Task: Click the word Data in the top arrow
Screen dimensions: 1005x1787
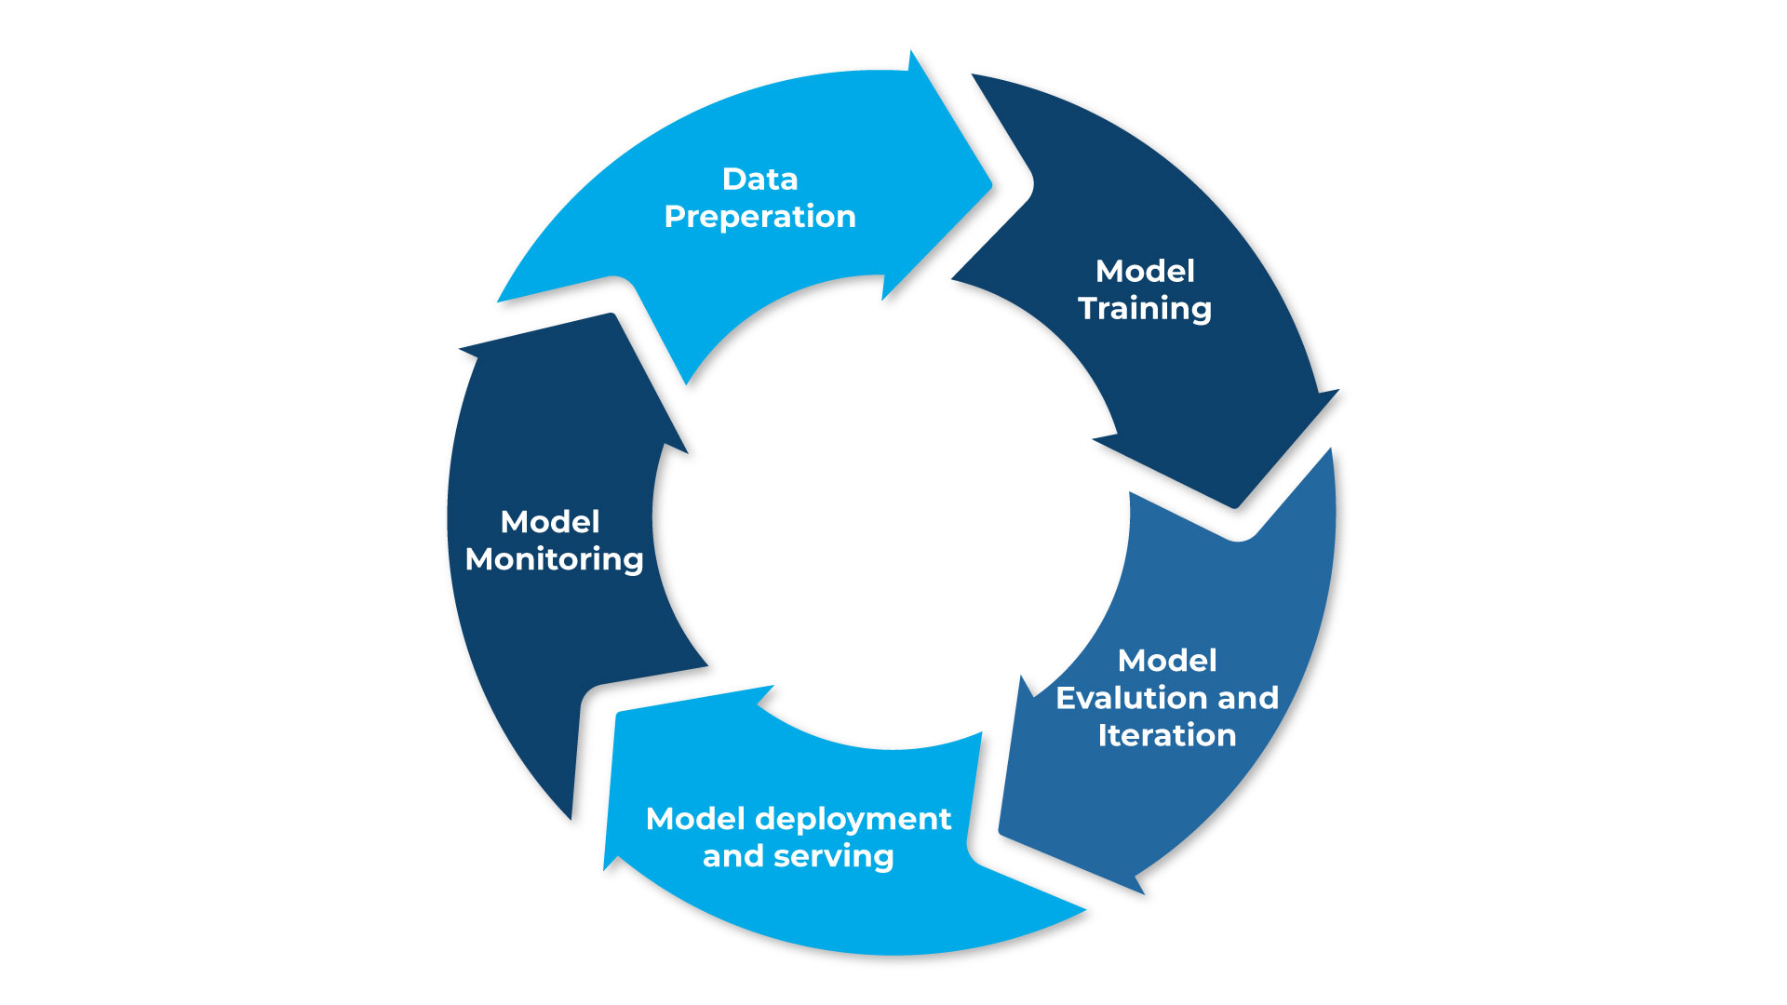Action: click(x=759, y=179)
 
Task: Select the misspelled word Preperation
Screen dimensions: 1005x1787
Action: click(x=759, y=217)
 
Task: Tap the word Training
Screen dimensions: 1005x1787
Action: click(x=1145, y=309)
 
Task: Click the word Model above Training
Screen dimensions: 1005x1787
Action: click(x=1145, y=271)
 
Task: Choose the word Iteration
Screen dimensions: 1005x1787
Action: click(x=1166, y=735)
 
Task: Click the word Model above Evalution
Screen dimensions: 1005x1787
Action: click(x=1167, y=661)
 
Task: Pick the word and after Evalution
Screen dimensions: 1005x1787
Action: click(x=1248, y=698)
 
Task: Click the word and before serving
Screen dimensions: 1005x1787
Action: click(x=732, y=856)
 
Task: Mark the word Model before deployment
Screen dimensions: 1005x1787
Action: click(x=695, y=819)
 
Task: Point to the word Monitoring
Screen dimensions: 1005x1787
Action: click(x=554, y=559)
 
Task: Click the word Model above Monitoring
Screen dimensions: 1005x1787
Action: click(x=550, y=521)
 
